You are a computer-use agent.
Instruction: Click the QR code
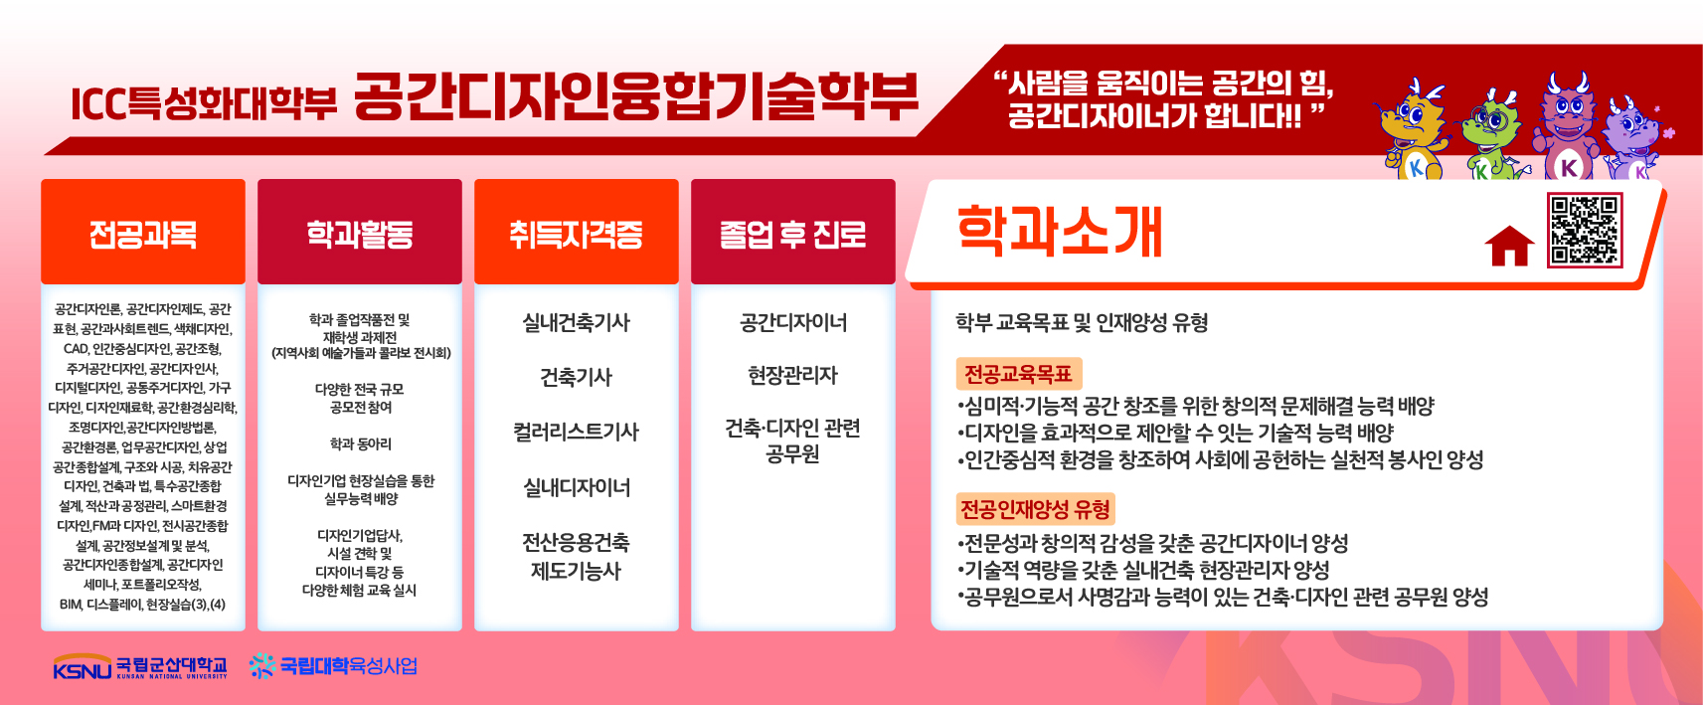[1585, 230]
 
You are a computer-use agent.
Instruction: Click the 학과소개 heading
[1059, 232]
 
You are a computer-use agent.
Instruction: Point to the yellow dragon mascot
[1414, 127]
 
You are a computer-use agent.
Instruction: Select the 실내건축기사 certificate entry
[577, 322]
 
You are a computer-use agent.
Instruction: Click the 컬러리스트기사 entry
[577, 432]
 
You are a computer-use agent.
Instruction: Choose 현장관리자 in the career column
[793, 375]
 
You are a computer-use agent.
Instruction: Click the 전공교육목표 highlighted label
[1019, 374]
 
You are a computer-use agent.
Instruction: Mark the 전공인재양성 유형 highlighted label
[1036, 509]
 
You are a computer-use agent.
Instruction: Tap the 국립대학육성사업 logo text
[348, 666]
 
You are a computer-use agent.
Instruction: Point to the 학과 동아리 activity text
[360, 444]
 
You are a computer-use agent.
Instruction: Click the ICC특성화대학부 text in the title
[204, 103]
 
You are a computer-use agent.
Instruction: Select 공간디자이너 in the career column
[793, 322]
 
